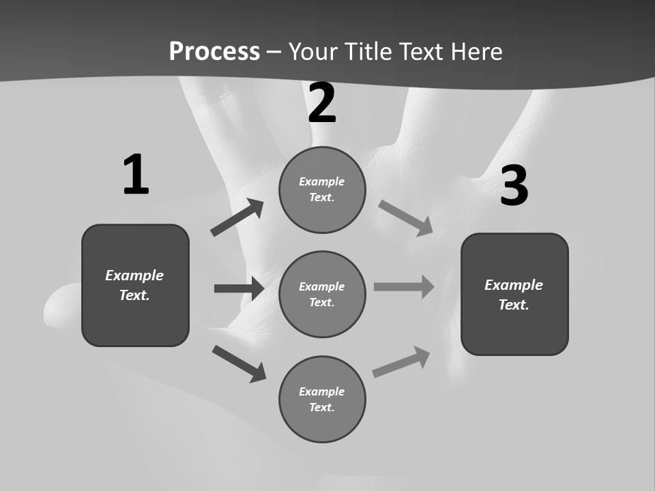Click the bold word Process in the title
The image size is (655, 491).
214,52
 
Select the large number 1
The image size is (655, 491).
136,175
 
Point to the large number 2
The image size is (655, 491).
322,103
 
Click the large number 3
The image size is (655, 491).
514,185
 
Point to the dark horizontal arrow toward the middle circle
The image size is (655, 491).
239,288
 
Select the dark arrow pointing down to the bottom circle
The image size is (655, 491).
239,363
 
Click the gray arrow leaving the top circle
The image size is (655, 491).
406,218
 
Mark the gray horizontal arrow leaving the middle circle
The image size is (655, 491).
404,286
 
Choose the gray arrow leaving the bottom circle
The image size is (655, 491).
402,361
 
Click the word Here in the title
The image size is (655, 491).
474,52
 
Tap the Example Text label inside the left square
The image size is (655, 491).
134,285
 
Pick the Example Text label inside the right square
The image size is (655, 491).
514,295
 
